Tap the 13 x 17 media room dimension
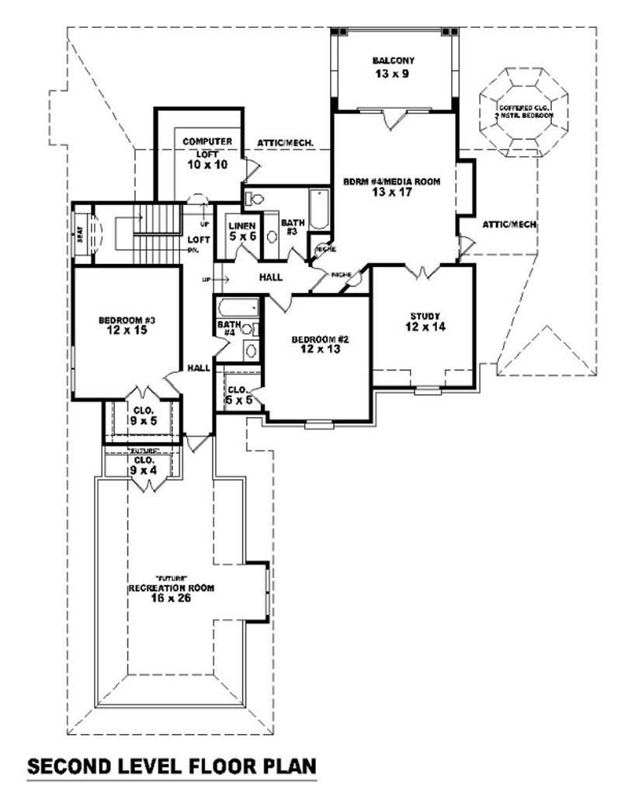(x=392, y=194)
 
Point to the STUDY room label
(x=425, y=315)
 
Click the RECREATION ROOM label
(x=171, y=588)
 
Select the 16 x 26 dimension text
(x=171, y=598)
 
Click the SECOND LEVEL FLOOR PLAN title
(x=172, y=767)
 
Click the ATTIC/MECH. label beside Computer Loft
(x=285, y=143)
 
